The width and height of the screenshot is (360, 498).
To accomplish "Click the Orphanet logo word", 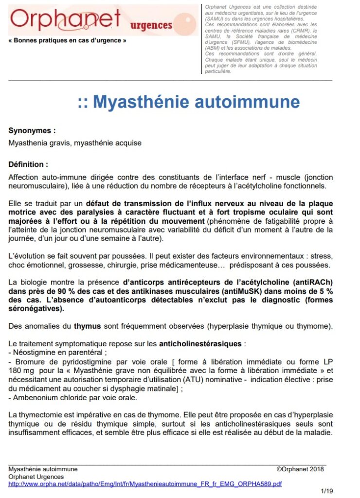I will point(65,19).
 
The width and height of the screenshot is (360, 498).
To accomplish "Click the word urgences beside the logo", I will point(151,25).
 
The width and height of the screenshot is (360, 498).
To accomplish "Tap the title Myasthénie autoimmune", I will point(189,102).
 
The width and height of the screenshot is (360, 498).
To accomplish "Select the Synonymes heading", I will point(32,130).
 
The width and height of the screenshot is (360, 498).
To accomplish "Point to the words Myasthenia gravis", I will point(39,143).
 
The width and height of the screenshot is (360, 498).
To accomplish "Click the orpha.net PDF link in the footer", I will point(145,484).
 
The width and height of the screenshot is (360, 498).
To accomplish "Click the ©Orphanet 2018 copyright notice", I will point(300,469).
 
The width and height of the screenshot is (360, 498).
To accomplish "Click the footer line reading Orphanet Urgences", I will point(36,477).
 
